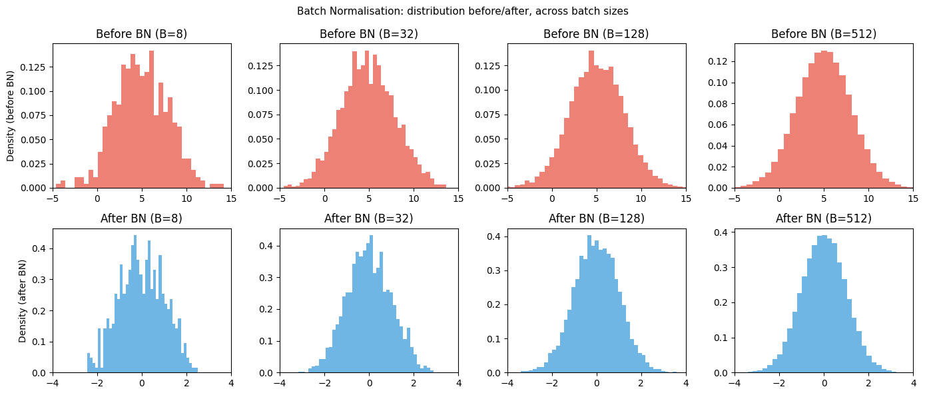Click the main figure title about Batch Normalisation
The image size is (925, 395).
pyautogui.click(x=462, y=11)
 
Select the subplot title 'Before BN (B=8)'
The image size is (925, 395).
pyautogui.click(x=142, y=34)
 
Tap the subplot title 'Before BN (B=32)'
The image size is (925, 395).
pyautogui.click(x=369, y=34)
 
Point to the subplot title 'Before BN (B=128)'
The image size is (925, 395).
pyautogui.click(x=596, y=34)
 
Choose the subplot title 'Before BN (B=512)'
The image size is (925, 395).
pyautogui.click(x=824, y=34)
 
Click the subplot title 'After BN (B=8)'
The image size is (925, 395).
pyautogui.click(x=142, y=218)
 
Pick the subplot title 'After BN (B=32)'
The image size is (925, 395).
pyautogui.click(x=369, y=218)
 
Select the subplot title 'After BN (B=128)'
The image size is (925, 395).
pyautogui.click(x=596, y=218)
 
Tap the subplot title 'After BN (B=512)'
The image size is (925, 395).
pyautogui.click(x=824, y=218)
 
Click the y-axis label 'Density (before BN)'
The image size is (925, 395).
pyautogui.click(x=11, y=116)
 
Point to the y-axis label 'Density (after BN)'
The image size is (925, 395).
pyautogui.click(x=22, y=301)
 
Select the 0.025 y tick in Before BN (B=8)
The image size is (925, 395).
pyautogui.click(x=35, y=164)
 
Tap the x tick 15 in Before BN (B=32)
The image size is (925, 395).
pyautogui.click(x=458, y=198)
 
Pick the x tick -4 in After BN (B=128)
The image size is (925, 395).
pyautogui.click(x=507, y=383)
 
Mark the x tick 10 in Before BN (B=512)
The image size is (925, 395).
pyautogui.click(x=868, y=198)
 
